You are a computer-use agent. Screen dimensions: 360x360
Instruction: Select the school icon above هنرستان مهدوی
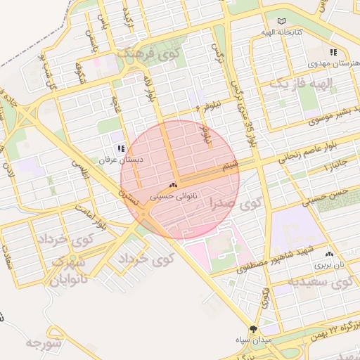333,52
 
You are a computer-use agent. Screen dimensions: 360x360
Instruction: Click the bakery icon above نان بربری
329,253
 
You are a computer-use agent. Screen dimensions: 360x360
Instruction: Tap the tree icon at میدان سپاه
253,328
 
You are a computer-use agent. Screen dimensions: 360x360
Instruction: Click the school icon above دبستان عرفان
121,148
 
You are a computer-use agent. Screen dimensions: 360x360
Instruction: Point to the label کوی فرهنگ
159,51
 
